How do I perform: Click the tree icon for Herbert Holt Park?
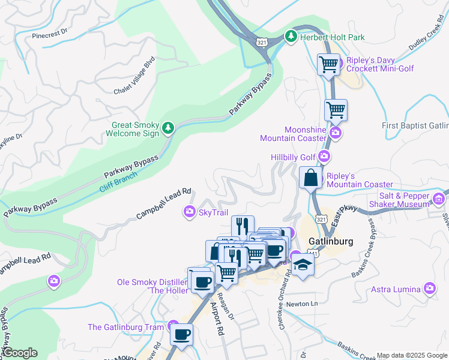coord(291,37)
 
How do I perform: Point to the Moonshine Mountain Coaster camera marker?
coord(336,133)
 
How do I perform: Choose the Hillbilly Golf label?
coord(294,157)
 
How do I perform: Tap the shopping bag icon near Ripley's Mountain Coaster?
coord(310,178)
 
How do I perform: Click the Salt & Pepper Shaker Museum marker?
coord(439,199)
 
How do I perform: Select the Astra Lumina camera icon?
coord(429,289)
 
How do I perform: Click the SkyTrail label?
coord(213,211)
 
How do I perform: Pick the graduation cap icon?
coord(303,266)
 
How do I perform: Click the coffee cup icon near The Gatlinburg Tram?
coord(181,335)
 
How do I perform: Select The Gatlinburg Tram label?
coord(125,327)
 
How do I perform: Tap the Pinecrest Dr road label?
coord(52,35)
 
